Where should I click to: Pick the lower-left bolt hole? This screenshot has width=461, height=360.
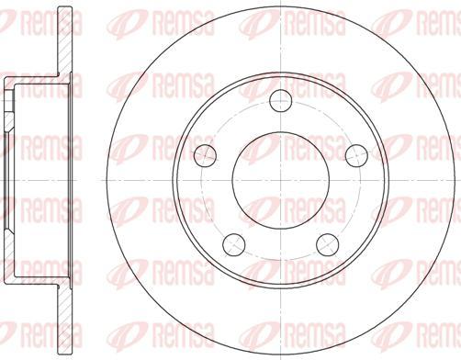pyautogui.click(x=235, y=242)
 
